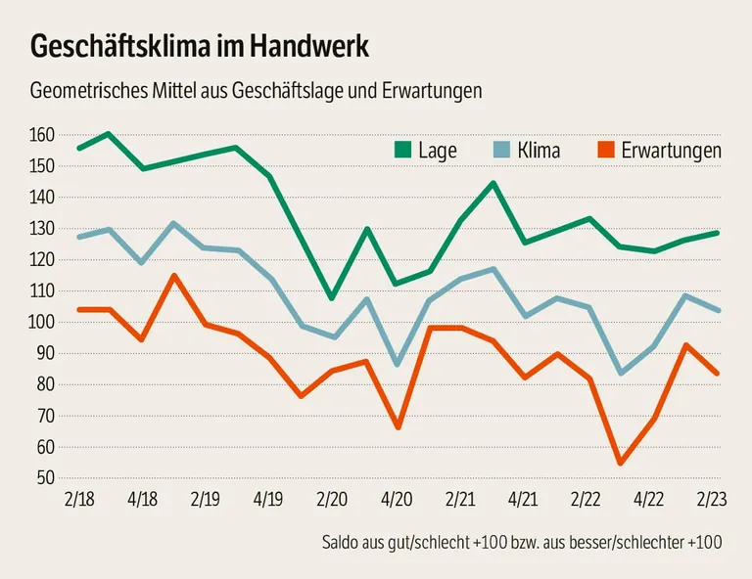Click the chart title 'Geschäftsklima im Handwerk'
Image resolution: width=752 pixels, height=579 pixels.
pyautogui.click(x=201, y=46)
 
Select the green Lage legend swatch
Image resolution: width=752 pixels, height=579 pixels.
pyautogui.click(x=402, y=150)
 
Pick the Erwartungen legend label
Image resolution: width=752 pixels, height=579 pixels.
pyautogui.click(x=671, y=151)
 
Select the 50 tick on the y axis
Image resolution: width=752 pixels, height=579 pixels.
pyautogui.click(x=45, y=478)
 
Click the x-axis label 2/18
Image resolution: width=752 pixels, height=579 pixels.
pyautogui.click(x=79, y=499)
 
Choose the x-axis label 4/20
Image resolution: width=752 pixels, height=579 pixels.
pyautogui.click(x=397, y=499)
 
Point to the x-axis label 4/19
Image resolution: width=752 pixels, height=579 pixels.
pyautogui.click(x=268, y=499)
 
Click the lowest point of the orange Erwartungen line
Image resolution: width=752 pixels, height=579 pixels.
pyautogui.click(x=620, y=463)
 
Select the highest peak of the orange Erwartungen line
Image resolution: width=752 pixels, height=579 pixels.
pyautogui.click(x=174, y=276)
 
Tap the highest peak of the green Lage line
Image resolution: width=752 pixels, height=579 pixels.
pyautogui.click(x=108, y=134)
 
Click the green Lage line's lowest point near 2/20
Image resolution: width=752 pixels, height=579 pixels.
pyautogui.click(x=332, y=297)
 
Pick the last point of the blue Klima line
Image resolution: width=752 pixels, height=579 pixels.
pyautogui.click(x=718, y=311)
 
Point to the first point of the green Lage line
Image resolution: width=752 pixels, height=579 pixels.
pyautogui.click(x=79, y=148)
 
